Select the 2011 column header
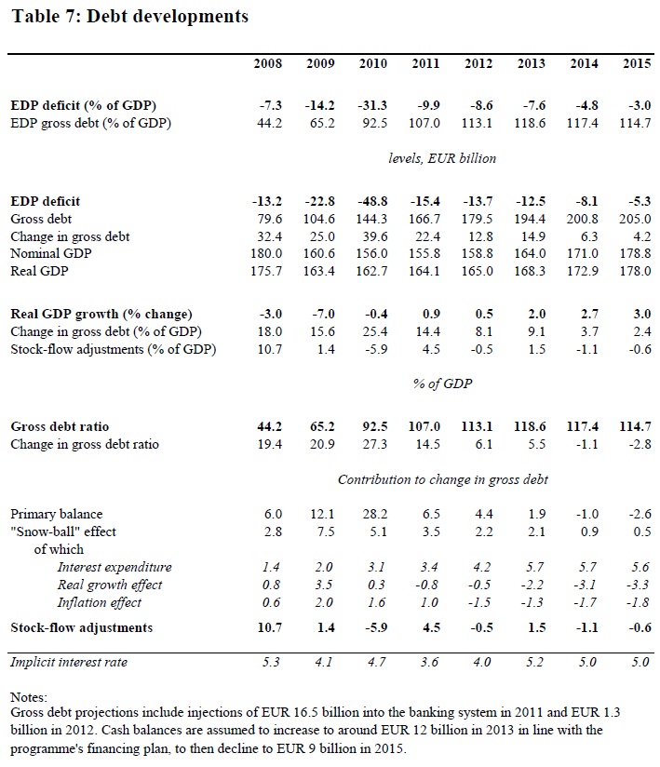pyautogui.click(x=425, y=63)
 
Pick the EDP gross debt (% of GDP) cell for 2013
pyautogui.click(x=531, y=123)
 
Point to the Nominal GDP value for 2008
pyautogui.click(x=268, y=254)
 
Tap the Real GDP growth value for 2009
pyautogui.click(x=322, y=314)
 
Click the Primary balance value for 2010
pyautogui.click(x=374, y=514)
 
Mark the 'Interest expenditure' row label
pyautogui.click(x=114, y=567)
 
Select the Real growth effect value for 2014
pyautogui.click(x=585, y=585)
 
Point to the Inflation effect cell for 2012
pyautogui.click(x=479, y=602)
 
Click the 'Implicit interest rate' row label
pyautogui.click(x=69, y=662)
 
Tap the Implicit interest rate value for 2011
pyautogui.click(x=427, y=662)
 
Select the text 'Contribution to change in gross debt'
pyautogui.click(x=442, y=479)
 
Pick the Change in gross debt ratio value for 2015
pyautogui.click(x=637, y=444)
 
